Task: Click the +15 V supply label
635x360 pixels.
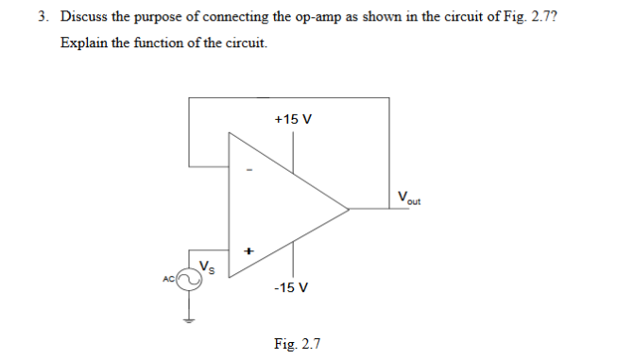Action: click(x=292, y=120)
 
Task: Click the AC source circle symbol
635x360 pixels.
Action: click(x=190, y=278)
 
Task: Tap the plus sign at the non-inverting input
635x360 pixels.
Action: click(x=249, y=251)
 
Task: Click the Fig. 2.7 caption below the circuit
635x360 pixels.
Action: click(x=297, y=343)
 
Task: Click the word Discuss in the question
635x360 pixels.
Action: click(x=84, y=16)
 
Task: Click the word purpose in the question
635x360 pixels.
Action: click(x=165, y=18)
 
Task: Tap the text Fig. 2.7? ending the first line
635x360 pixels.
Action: click(x=536, y=17)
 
